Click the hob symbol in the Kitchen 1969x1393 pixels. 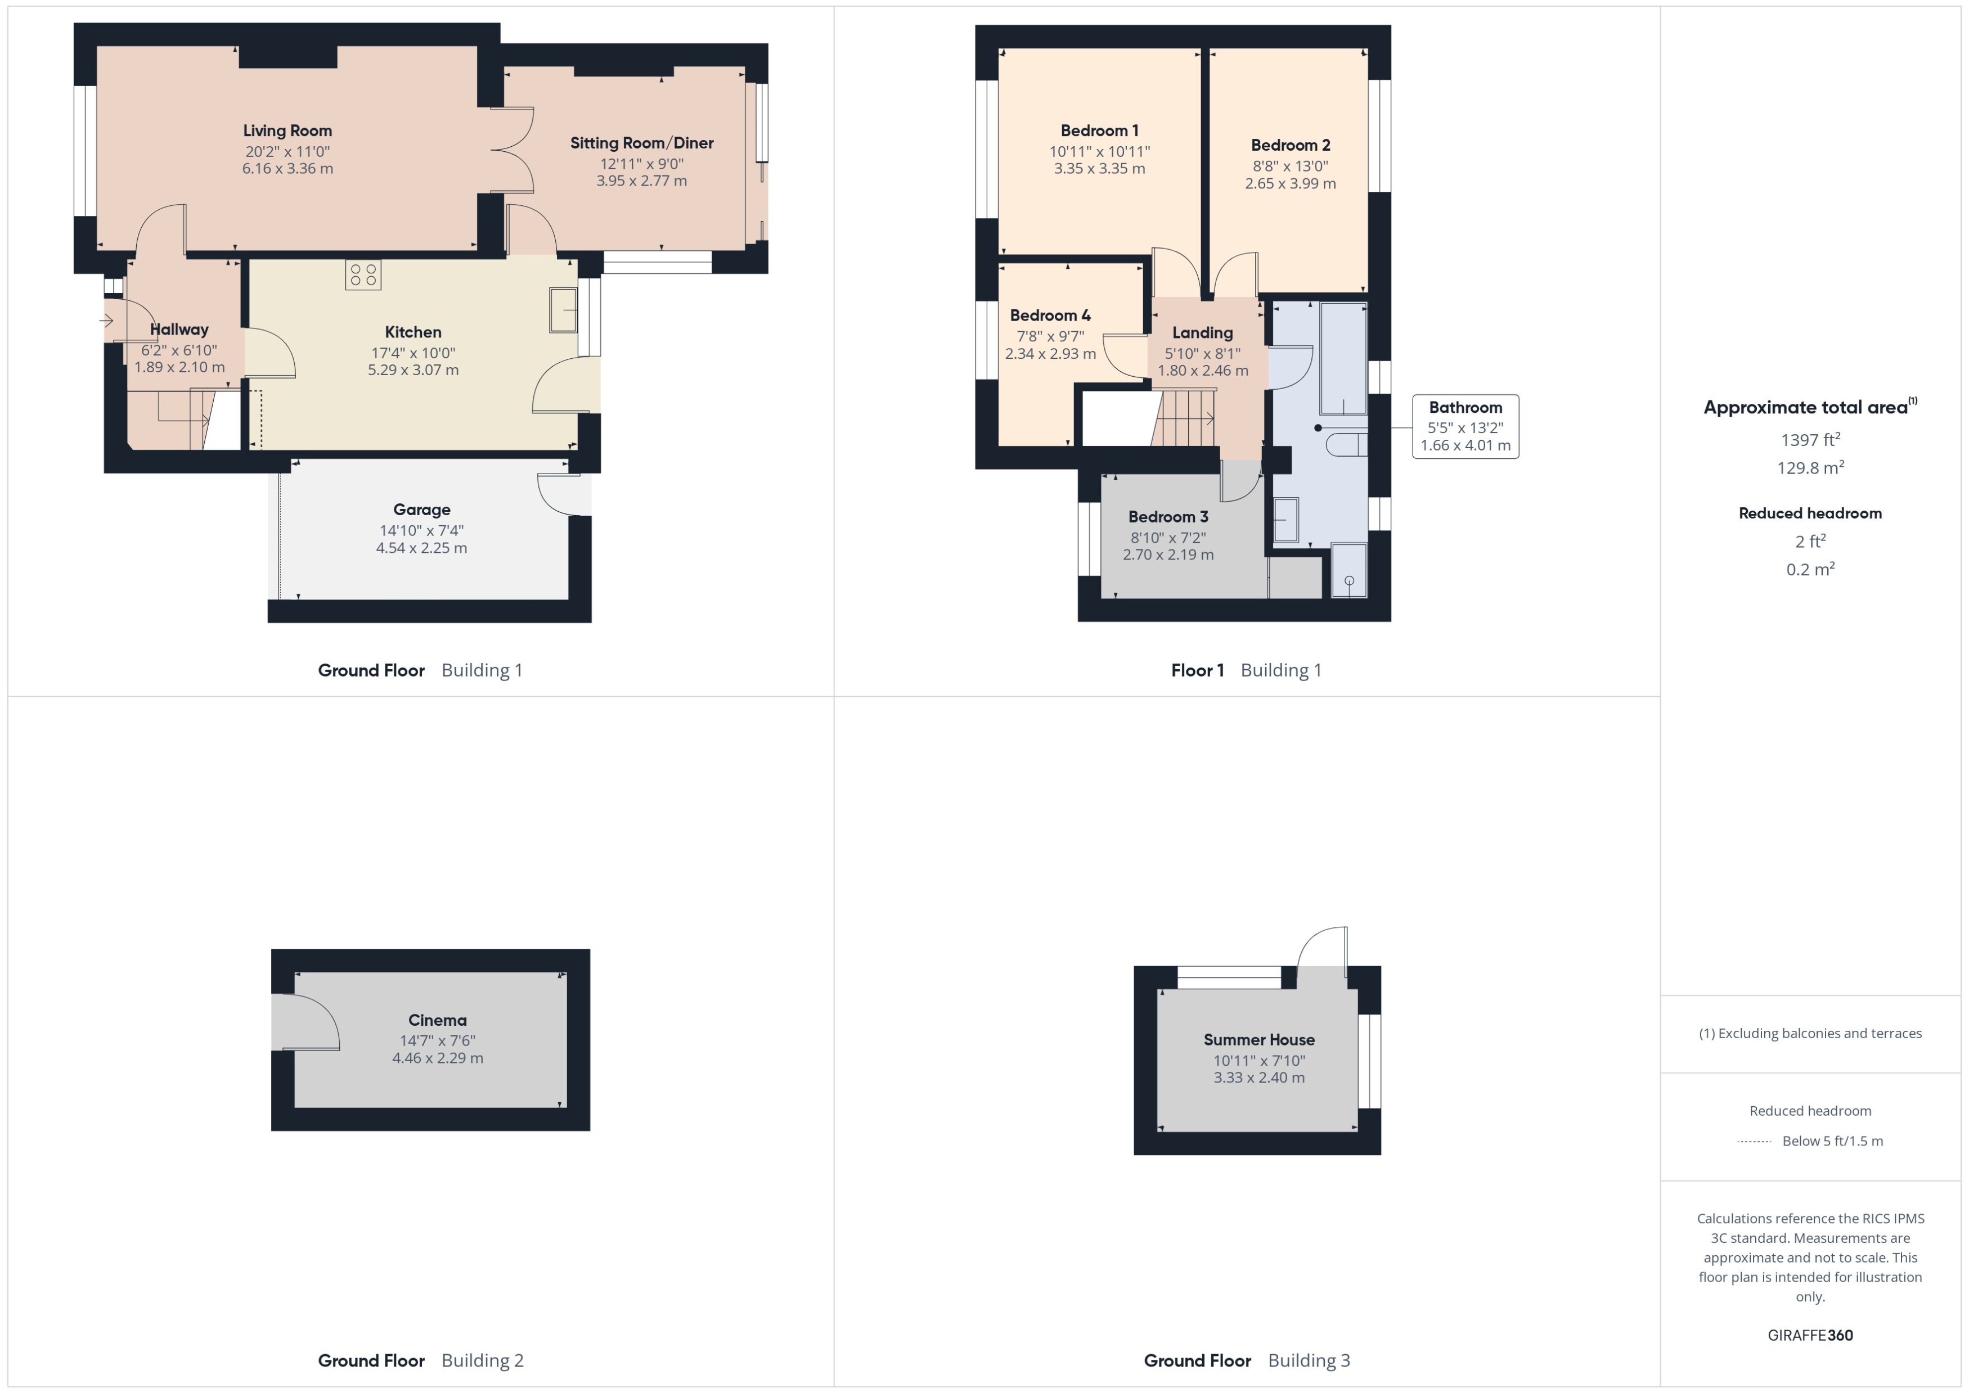click(x=363, y=274)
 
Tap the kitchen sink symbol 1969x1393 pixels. click(x=564, y=310)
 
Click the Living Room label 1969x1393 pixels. click(x=287, y=130)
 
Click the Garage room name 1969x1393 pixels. click(x=421, y=510)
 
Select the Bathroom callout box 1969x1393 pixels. click(x=1465, y=426)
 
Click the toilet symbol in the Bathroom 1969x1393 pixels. click(x=1345, y=444)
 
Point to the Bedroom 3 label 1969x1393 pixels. click(x=1168, y=516)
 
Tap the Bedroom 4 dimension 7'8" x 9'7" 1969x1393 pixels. click(x=1050, y=336)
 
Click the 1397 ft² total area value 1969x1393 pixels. click(x=1810, y=440)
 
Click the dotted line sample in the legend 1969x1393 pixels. click(x=1755, y=1142)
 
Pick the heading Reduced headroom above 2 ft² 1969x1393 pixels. click(x=1810, y=513)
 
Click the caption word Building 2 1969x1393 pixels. click(x=482, y=1360)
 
